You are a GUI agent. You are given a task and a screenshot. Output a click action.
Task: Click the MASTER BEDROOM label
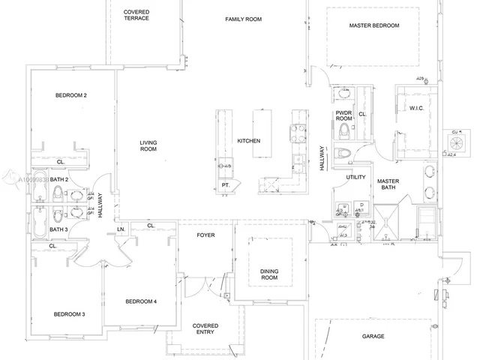pyautogui.click(x=374, y=25)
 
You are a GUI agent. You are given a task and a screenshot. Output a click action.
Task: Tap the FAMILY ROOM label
pyautogui.click(x=243, y=19)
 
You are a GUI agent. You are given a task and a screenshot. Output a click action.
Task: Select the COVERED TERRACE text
pyautogui.click(x=136, y=14)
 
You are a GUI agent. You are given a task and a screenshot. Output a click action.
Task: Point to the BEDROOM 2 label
pyautogui.click(x=71, y=95)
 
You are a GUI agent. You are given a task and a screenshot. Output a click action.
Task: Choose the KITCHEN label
pyautogui.click(x=248, y=141)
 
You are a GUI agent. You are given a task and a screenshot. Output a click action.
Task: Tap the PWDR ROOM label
pyautogui.click(x=343, y=115)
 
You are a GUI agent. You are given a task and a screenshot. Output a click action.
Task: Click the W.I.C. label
pyautogui.click(x=417, y=108)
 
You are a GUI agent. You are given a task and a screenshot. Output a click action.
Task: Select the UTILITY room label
pyautogui.click(x=355, y=178)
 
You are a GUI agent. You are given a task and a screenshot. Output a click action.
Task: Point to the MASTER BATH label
pyautogui.click(x=388, y=185)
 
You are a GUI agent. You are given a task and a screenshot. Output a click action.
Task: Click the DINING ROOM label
pyautogui.click(x=269, y=274)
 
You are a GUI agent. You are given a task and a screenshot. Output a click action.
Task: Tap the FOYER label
pyautogui.click(x=205, y=234)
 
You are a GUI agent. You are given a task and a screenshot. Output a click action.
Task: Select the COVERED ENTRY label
pyautogui.click(x=205, y=330)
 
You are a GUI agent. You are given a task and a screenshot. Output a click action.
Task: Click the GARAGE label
pyautogui.click(x=373, y=337)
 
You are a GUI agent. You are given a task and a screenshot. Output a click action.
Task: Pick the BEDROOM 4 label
pyautogui.click(x=141, y=301)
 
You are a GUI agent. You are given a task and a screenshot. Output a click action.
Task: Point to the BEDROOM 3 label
pyautogui.click(x=68, y=314)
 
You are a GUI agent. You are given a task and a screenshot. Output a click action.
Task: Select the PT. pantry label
pyautogui.click(x=224, y=184)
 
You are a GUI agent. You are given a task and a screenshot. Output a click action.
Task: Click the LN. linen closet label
pyautogui.click(x=119, y=229)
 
